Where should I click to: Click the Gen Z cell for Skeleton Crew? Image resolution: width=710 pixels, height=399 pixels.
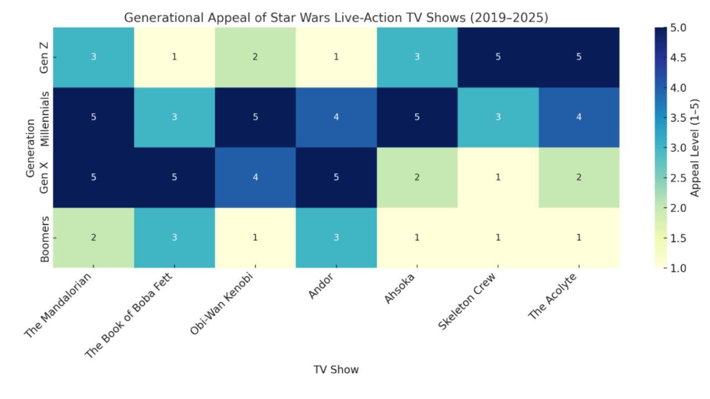(498, 57)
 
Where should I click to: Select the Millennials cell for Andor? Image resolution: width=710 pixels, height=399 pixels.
(336, 117)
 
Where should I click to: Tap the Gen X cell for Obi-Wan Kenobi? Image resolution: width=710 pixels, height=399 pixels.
(255, 177)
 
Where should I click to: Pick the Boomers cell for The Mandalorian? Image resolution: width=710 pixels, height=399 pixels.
(94, 238)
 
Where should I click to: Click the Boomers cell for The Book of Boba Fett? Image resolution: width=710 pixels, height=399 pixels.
(174, 238)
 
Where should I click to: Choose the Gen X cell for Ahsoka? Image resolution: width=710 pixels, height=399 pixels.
(417, 177)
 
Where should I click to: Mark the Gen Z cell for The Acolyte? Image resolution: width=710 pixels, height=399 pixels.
(579, 57)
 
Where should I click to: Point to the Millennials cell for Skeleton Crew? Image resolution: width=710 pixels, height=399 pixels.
(498, 117)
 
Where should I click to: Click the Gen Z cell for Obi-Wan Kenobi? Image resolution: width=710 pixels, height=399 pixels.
(255, 57)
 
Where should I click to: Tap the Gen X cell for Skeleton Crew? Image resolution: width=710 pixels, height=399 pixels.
(498, 177)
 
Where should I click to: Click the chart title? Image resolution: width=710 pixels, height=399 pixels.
(336, 18)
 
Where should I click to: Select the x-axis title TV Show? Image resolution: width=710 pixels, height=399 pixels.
(336, 370)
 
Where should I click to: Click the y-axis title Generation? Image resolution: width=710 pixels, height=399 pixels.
(31, 148)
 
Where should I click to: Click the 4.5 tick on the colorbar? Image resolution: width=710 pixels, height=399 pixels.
(677, 57)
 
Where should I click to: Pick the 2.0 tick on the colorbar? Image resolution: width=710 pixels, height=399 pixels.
(677, 208)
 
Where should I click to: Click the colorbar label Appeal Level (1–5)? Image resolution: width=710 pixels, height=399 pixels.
(695, 148)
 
